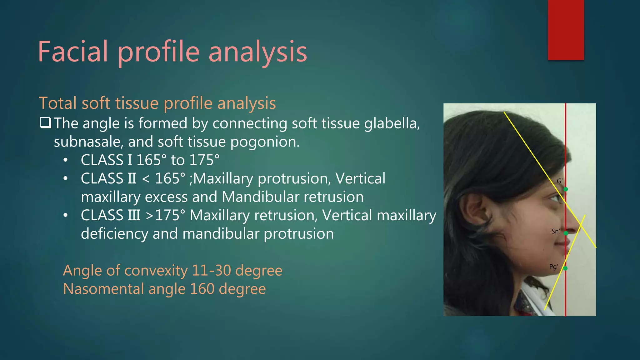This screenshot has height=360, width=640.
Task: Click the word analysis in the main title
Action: [257, 52]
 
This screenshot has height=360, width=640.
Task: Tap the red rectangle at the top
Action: [566, 30]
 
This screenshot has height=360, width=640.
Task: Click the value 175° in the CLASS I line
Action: [204, 160]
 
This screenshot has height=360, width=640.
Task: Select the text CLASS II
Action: [108, 178]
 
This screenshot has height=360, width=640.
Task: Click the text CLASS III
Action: [110, 215]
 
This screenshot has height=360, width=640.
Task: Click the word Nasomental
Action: [103, 289]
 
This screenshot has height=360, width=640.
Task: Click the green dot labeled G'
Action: [566, 189]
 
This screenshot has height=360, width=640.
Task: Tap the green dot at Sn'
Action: [566, 233]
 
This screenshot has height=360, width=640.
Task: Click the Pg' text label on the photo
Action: [553, 267]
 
